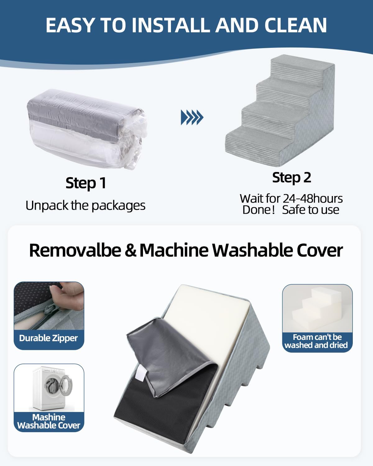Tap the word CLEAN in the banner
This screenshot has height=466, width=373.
[x=296, y=25]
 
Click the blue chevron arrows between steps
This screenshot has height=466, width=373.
[x=192, y=117]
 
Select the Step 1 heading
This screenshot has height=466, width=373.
[x=86, y=183]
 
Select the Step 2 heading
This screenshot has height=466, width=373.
[x=292, y=178]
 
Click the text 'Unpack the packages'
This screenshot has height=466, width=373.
[x=85, y=205]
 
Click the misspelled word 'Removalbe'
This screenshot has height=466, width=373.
[x=75, y=250]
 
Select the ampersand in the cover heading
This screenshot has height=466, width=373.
[x=131, y=250]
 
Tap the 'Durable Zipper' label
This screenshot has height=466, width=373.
[x=48, y=338]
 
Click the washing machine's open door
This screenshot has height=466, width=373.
[x=66, y=386]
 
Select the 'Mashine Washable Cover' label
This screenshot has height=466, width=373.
[x=49, y=421]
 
